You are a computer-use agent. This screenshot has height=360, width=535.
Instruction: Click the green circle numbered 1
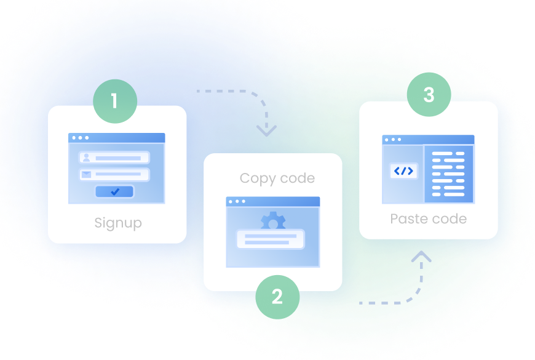pos(114,101)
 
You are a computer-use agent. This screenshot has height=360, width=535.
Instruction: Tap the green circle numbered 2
pos(277,297)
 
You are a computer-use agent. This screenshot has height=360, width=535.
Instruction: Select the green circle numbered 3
pos(429,95)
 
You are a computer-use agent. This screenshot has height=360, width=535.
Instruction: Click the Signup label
pos(118,222)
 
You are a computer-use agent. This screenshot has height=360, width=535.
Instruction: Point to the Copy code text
pos(277,178)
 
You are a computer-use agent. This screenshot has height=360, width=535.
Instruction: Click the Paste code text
pos(428,218)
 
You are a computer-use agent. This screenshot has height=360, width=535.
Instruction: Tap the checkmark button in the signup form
pos(115,192)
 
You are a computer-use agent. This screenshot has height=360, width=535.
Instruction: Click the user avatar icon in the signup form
pos(86,158)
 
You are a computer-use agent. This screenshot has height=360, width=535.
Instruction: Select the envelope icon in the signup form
pos(86,175)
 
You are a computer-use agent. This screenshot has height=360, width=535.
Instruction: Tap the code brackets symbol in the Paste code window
pos(403,171)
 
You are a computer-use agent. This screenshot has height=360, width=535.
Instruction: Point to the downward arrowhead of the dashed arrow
pos(266,130)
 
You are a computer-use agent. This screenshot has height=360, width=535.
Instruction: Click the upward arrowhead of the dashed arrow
pos(421,256)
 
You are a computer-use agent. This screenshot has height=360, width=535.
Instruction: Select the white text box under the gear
pos(271,239)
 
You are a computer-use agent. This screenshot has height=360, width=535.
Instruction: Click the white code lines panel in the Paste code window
pos(448,174)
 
